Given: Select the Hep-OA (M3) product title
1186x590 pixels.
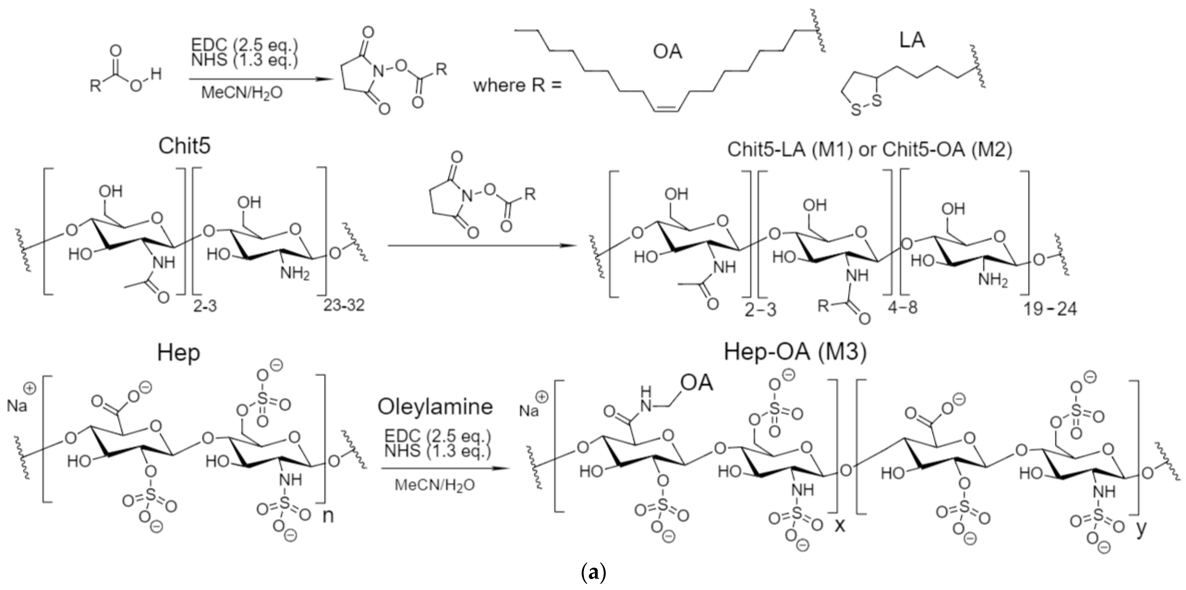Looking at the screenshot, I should (x=795, y=352).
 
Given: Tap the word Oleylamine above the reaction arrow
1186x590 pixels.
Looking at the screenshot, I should (x=435, y=406).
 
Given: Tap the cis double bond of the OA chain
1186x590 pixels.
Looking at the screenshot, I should (x=666, y=109).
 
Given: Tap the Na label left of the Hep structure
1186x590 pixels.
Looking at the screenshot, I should (x=17, y=405).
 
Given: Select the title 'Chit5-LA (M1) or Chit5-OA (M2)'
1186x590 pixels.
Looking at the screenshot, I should (x=869, y=150).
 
